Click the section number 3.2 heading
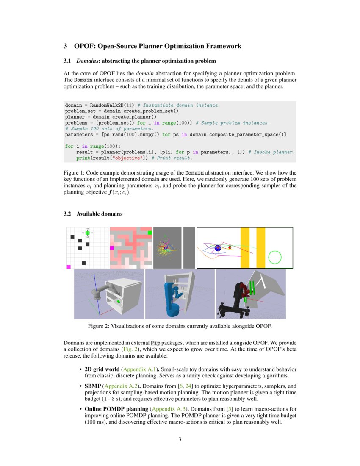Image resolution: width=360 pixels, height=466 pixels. tap(68, 214)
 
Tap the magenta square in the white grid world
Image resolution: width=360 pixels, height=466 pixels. tap(69, 266)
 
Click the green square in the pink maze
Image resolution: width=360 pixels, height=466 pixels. tap(150, 233)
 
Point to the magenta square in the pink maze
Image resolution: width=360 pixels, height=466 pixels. tap(112, 248)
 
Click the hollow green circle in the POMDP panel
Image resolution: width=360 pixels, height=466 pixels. tap(275, 257)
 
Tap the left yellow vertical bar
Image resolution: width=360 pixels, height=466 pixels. tap(245, 248)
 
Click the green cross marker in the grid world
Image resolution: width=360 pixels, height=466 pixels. tap(87, 233)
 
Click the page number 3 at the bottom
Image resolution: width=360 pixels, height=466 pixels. tap(180, 439)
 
